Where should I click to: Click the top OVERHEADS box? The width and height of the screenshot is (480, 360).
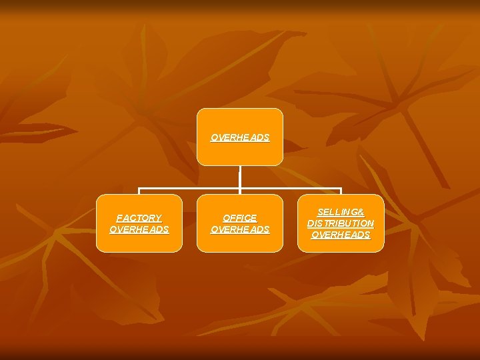240,137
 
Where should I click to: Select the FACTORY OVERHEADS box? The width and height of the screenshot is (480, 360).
139,223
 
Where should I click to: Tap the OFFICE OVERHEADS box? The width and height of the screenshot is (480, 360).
240,223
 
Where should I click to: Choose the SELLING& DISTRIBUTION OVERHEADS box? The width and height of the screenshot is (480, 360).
341,223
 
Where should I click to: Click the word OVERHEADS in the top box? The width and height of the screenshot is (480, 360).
240,138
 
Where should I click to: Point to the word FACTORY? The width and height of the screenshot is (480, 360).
139,218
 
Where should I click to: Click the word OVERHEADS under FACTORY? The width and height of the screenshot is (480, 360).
139,229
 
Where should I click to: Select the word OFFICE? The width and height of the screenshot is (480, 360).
240,218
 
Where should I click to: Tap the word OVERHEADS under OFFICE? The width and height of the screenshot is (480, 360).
240,229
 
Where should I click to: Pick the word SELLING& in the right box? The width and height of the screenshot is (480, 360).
341,211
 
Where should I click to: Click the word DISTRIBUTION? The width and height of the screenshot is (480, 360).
341,223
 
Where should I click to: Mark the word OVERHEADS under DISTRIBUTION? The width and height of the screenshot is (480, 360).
341,235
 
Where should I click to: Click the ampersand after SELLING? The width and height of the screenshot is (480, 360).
361,211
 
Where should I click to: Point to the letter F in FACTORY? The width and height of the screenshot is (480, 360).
119,218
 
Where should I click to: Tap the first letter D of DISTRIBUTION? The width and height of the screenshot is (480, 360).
311,223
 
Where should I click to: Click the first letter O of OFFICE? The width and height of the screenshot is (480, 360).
226,218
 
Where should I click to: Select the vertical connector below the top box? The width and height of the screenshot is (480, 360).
240,177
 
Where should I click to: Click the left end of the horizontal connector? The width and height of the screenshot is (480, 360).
139,189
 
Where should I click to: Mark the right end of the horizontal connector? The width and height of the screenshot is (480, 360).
341,189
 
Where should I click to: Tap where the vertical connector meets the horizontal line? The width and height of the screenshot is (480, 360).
240,189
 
